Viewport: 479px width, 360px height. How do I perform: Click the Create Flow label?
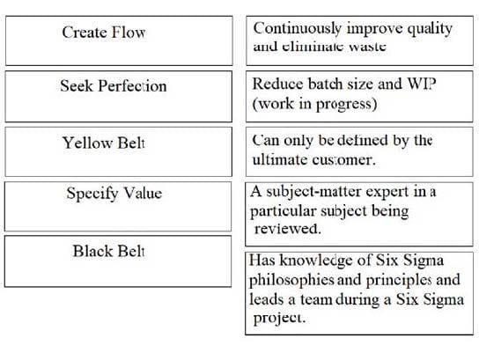point(104,32)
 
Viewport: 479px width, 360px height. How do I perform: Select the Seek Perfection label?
point(114,85)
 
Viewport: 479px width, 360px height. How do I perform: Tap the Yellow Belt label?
point(104,143)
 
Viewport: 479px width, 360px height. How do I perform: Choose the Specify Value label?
point(114,194)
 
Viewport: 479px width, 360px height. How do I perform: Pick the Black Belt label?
point(109,252)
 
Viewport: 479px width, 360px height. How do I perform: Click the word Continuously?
point(298,29)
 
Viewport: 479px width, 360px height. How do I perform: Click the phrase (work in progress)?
point(314,104)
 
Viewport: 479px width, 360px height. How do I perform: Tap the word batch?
point(325,84)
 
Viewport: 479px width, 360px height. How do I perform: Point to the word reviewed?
point(287,228)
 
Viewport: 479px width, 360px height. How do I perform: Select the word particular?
point(283,211)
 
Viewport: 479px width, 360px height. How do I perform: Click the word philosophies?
point(291,280)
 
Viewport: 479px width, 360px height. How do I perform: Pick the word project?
point(279,318)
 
